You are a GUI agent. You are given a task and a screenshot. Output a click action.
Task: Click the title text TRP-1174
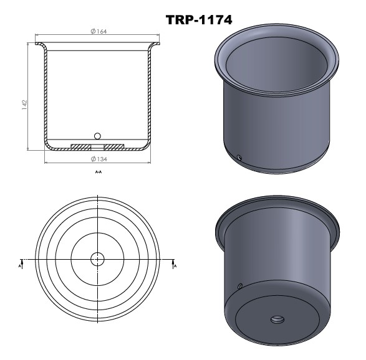tap(199, 21)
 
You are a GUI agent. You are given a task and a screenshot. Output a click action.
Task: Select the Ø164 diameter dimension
tap(97, 32)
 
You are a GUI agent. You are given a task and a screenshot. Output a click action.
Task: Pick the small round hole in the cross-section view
tap(97, 136)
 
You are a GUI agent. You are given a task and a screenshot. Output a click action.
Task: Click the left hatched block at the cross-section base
tap(80, 146)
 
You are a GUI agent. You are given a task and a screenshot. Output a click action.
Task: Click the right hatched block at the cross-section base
tap(113, 146)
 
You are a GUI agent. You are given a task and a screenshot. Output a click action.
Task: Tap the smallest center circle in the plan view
tap(97, 258)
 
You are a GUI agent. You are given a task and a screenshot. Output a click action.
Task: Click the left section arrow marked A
tap(21, 263)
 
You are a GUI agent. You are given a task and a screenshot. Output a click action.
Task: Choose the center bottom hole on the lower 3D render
tap(277, 320)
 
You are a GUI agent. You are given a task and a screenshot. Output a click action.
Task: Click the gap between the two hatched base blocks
tap(97, 146)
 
